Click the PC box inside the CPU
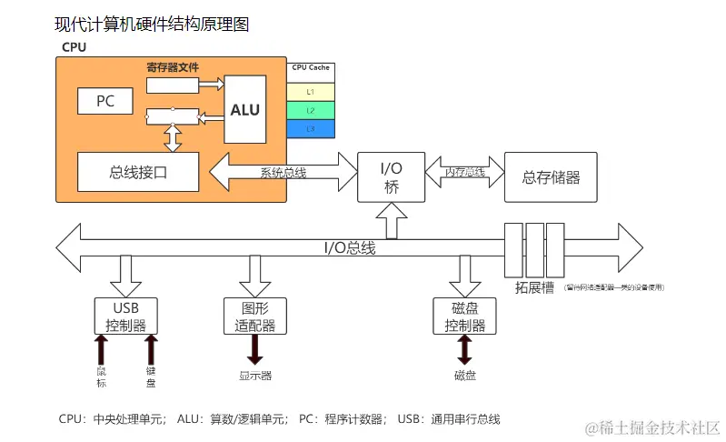pos(105,101)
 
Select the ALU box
pos(244,109)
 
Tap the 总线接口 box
pos(137,172)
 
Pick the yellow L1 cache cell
pos(310,91)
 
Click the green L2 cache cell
pos(310,110)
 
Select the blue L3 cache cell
pos(310,129)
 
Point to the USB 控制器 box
pos(126,316)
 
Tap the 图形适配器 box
pos(255,316)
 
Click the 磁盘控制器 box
pos(464,316)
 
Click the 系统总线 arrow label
pos(283,172)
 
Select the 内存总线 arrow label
pos(464,171)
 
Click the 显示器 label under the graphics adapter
pos(255,375)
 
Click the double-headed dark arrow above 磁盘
pos(464,349)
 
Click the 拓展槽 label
pos(534,288)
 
